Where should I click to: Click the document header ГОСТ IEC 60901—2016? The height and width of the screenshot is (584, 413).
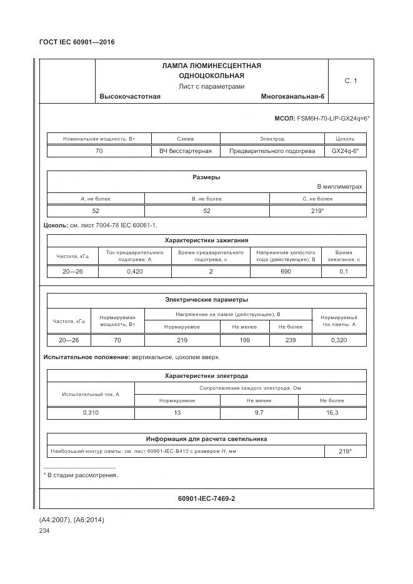coord(77,42)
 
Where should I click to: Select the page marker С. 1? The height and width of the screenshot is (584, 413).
coord(351,81)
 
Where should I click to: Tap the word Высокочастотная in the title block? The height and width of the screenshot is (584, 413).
coord(130,97)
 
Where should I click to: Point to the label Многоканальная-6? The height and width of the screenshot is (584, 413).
coord(293,97)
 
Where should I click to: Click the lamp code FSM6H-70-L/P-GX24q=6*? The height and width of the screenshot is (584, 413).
coord(333,118)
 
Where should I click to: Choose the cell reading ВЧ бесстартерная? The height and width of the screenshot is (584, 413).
coord(186,151)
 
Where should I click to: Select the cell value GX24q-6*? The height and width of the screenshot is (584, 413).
coord(345,151)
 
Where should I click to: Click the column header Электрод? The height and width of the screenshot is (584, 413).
coord(272,139)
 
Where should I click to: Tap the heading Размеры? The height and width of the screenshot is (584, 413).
coord(206,177)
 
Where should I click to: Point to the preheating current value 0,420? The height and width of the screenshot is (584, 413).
coord(135,272)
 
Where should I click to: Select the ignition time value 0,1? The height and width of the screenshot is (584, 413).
coord(344,272)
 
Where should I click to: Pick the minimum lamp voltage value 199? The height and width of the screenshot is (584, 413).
coord(244,340)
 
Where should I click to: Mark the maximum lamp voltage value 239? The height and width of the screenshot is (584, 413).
coord(290,340)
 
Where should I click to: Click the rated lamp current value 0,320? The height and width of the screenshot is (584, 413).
coord(339,340)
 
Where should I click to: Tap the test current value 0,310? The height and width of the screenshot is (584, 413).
coord(91,413)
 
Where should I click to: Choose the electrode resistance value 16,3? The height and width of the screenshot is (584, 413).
coord(332,413)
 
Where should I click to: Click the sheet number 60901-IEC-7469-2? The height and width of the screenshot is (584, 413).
coord(206,498)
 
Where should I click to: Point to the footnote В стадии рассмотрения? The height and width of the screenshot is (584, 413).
coord(83,475)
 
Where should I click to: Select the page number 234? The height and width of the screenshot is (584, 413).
coord(44,531)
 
